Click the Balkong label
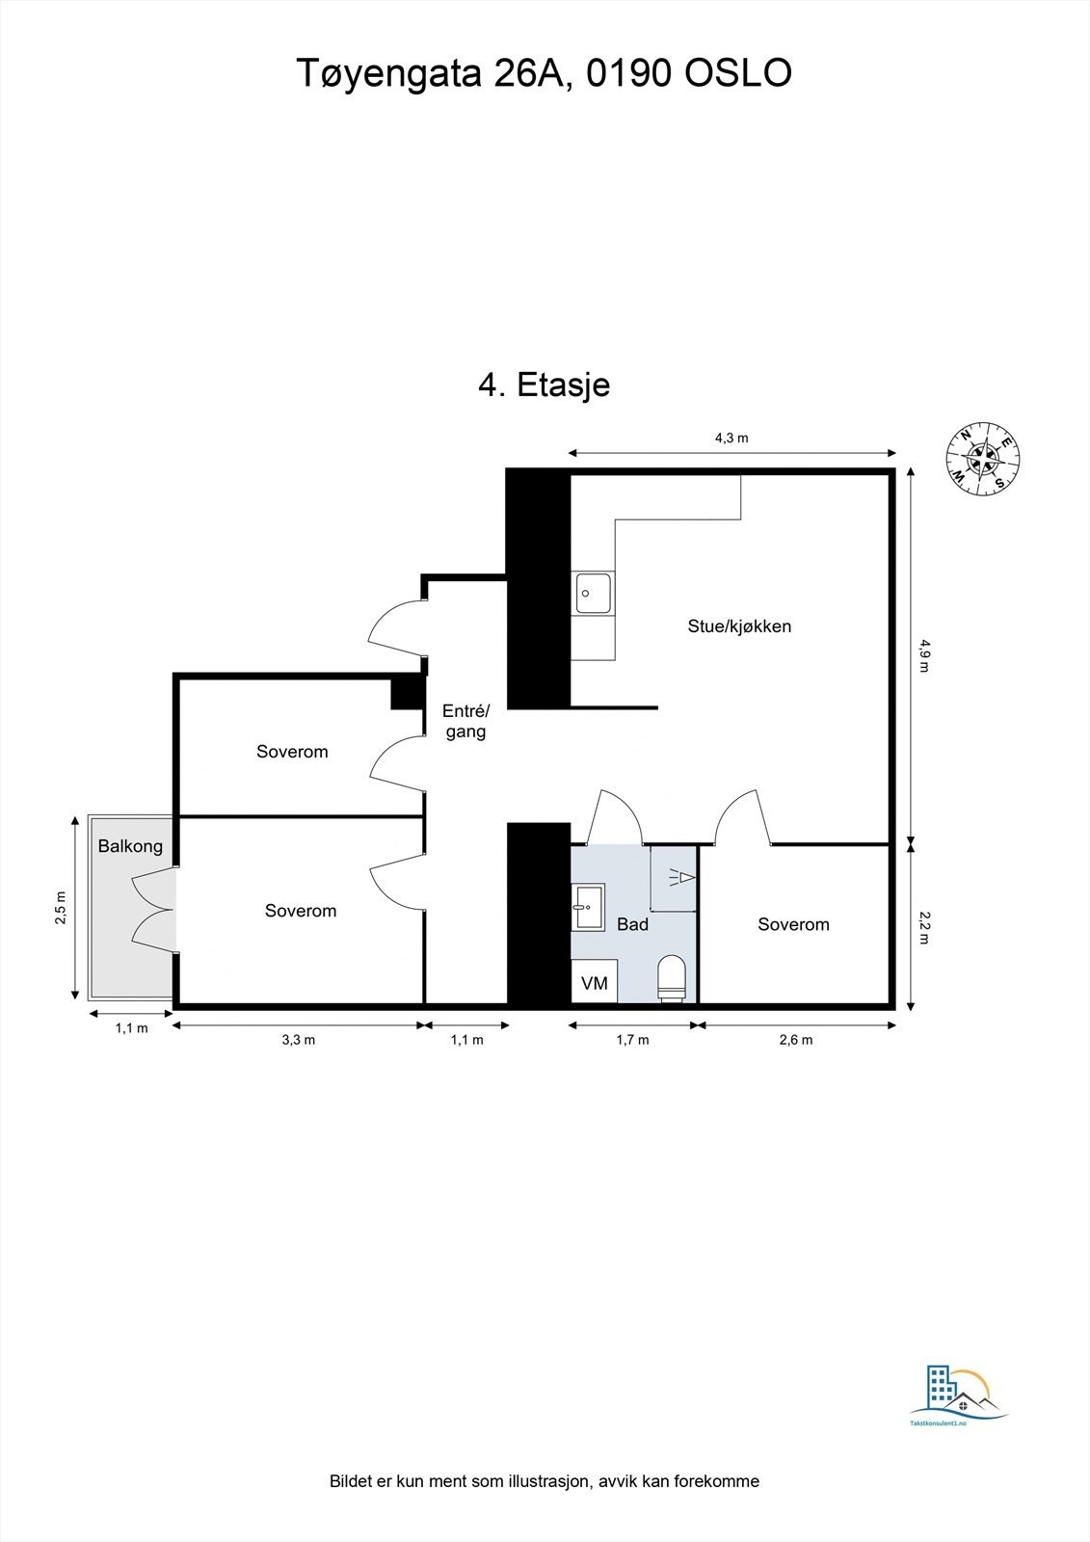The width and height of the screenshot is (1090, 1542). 130,846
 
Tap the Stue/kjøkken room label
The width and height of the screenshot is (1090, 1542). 739,626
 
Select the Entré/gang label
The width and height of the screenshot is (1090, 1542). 465,721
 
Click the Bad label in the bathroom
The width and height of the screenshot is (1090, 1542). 632,924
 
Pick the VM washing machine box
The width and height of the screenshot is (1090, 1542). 595,982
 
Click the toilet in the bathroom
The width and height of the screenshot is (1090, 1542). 671,977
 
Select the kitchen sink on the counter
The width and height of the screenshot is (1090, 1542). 593,594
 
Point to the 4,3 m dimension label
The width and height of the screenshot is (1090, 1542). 731,438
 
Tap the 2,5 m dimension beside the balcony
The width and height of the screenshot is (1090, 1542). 61,908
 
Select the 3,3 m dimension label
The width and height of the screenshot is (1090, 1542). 298,1040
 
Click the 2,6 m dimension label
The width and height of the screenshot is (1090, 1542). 796,1040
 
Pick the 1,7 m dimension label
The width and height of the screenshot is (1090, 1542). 632,1040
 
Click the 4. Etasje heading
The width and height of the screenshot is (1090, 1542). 545,385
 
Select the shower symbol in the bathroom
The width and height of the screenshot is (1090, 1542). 678,877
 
